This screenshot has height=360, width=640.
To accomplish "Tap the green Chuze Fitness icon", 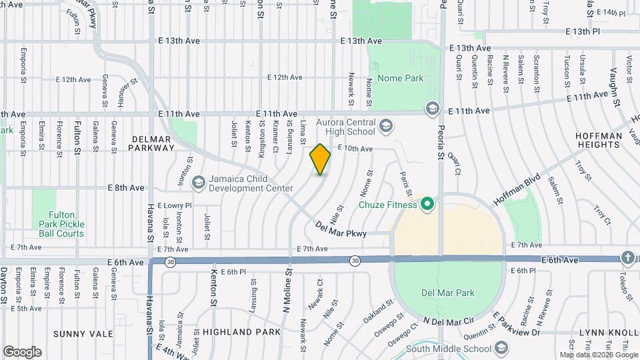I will (x=427, y=205).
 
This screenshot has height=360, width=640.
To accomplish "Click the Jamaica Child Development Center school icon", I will (x=198, y=182).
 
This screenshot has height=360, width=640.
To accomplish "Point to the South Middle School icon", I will (x=501, y=349).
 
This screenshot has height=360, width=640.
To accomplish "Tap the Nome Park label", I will (x=400, y=78).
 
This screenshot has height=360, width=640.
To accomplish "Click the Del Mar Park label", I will (x=448, y=293).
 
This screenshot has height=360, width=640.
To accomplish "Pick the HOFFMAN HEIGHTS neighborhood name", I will (x=598, y=140).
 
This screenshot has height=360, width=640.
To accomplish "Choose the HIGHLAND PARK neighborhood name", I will (x=233, y=332).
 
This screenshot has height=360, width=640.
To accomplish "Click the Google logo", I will (x=21, y=352).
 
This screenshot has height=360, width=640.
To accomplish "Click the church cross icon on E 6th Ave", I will (x=627, y=257).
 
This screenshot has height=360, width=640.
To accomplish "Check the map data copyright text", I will (x=597, y=355).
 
